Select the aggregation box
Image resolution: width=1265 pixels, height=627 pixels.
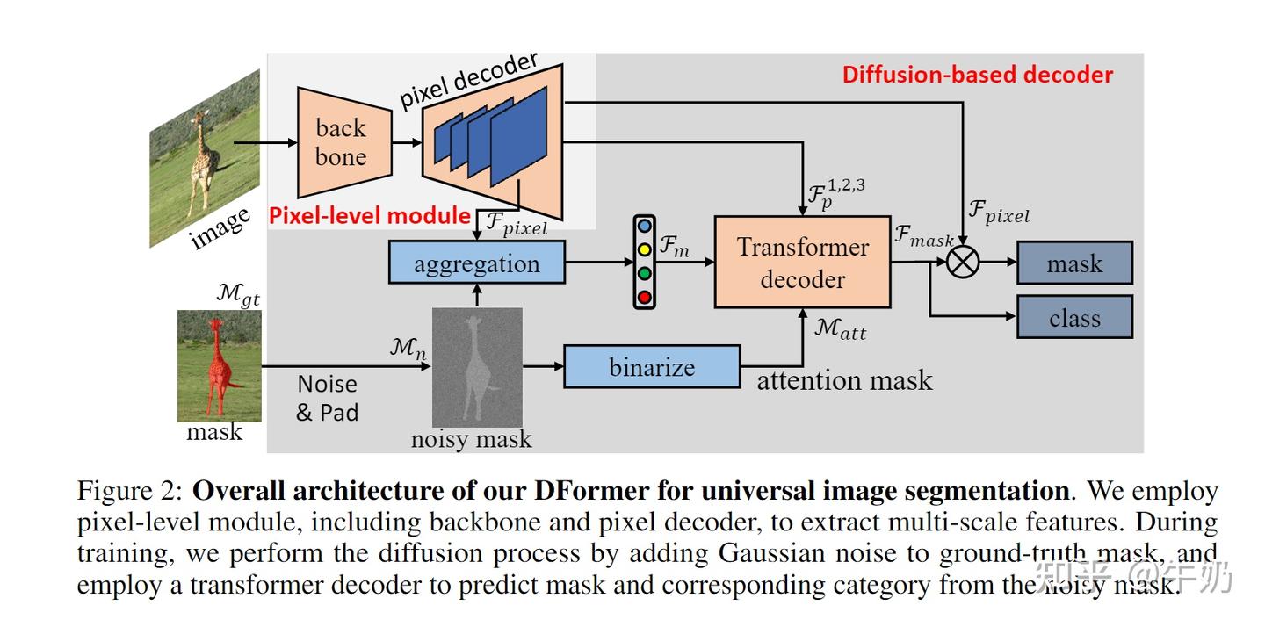477,263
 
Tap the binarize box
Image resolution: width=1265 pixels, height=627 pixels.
652,366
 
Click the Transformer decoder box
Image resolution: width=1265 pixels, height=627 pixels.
802,263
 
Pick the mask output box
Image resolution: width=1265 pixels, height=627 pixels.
1074,263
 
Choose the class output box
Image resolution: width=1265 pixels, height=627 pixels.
1074,317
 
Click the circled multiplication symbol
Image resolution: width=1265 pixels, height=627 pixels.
963,262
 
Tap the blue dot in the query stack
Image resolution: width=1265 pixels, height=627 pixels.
645,226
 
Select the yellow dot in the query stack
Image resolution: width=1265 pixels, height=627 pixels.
645,249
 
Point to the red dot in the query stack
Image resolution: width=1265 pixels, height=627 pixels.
645,297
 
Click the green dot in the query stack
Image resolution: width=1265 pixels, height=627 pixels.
645,273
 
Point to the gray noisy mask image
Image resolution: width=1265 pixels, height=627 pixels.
477,367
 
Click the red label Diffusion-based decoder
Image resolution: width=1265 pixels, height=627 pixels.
977,75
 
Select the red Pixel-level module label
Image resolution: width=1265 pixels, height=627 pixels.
369,215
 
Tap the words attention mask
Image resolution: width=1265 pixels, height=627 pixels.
843,380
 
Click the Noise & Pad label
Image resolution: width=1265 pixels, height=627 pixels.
327,398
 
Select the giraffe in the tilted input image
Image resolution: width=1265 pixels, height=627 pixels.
204,154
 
